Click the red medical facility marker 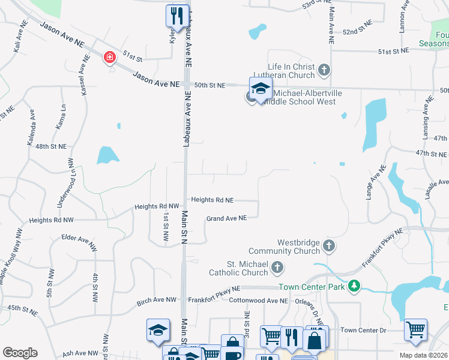tap(109, 58)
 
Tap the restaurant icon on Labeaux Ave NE tap(176, 16)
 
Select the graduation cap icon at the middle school tap(261, 89)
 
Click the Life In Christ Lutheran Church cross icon tap(324, 70)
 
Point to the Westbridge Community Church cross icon tap(328, 245)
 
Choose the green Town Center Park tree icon tap(355, 287)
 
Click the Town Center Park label tap(312, 287)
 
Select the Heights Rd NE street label tap(212, 200)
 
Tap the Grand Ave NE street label tap(227, 218)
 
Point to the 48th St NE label tap(50, 146)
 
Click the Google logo tap(20, 353)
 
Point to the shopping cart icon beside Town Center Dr tap(415, 329)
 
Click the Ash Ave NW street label tap(76, 353)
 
